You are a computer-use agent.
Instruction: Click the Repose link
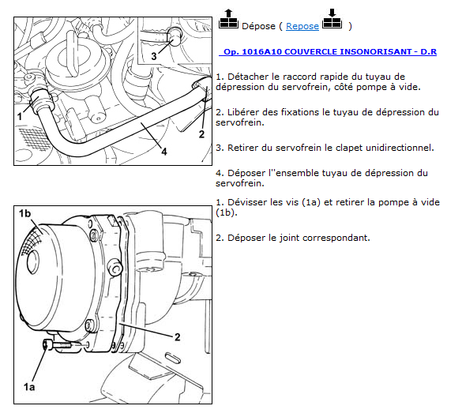302,26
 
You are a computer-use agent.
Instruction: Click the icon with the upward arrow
228,19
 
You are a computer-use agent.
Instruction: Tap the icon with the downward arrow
332,19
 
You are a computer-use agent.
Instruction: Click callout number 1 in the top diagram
20,116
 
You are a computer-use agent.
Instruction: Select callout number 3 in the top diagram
154,56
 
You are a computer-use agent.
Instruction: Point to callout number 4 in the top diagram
164,152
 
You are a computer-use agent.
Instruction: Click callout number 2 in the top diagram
201,134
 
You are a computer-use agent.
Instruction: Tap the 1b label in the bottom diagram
24,213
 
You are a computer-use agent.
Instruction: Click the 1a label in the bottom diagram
29,387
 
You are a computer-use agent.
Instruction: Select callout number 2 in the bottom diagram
177,337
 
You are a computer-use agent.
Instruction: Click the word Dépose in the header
258,26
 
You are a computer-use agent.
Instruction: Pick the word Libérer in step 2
243,112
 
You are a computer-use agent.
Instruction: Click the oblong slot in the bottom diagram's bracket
173,358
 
